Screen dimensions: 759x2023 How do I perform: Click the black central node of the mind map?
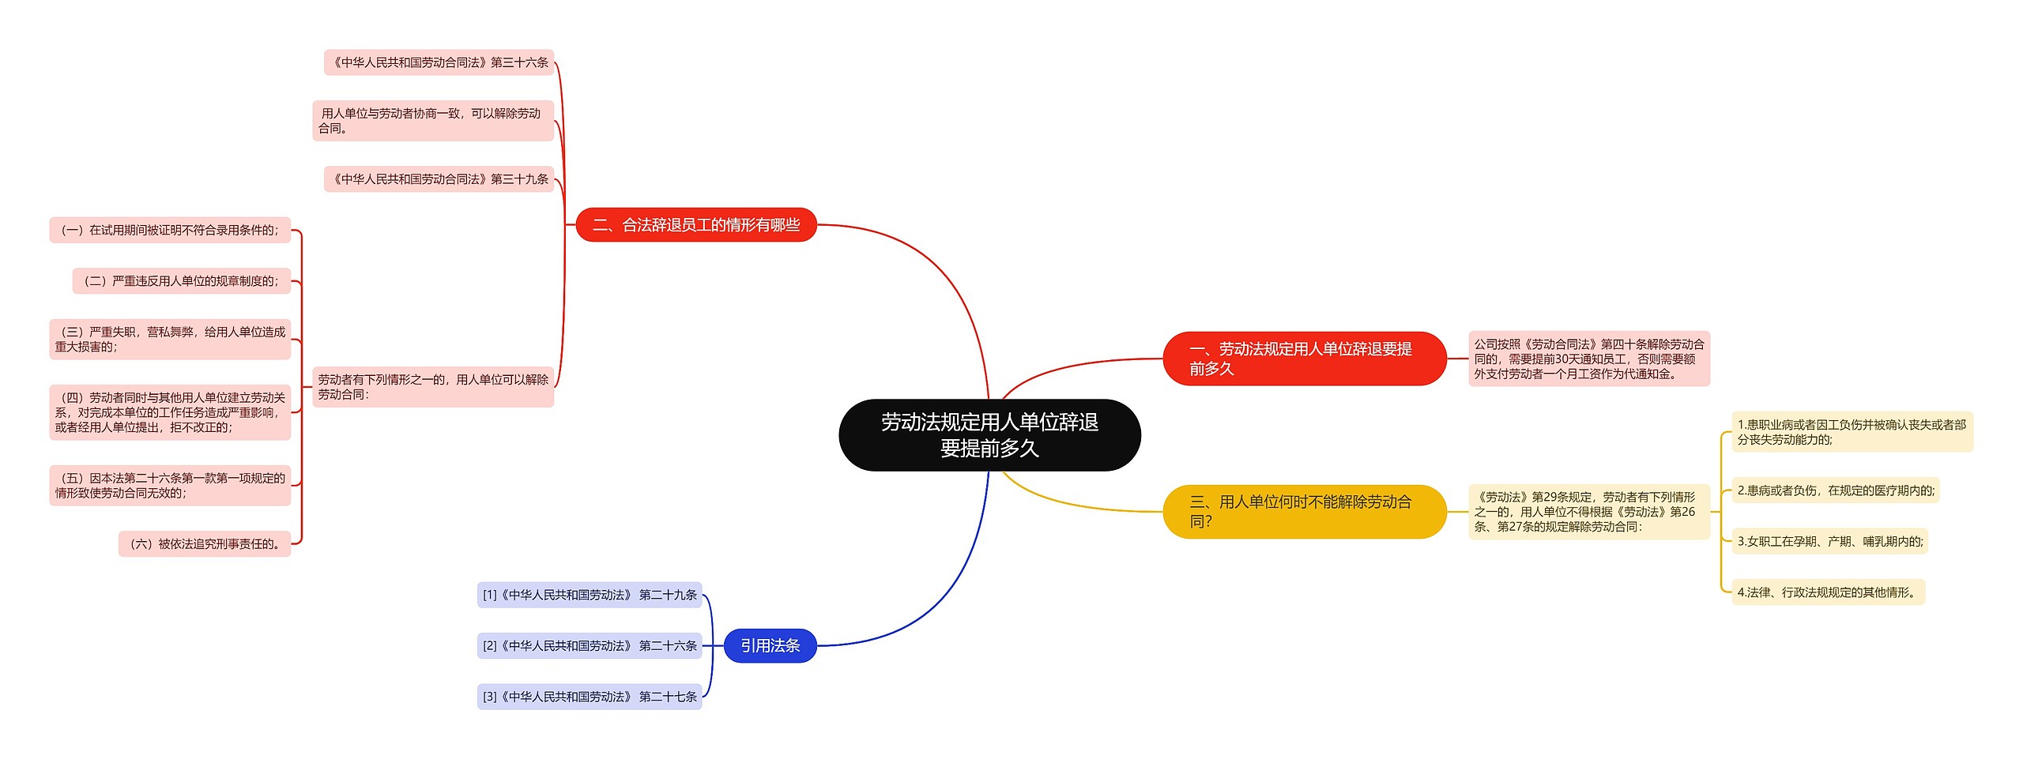coord(989,435)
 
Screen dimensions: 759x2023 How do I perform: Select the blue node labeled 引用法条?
coord(770,645)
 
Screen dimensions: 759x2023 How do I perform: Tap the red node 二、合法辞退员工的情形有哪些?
coord(695,225)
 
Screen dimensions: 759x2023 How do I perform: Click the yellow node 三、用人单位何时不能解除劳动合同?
coord(1304,511)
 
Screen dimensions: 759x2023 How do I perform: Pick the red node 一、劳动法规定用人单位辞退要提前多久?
coord(1304,359)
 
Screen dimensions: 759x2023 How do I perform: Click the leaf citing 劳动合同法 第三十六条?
coord(439,62)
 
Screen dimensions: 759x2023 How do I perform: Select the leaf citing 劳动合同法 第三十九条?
coord(439,179)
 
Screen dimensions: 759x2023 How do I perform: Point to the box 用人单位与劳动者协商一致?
coord(433,121)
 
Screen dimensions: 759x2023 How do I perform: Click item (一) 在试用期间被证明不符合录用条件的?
coord(170,230)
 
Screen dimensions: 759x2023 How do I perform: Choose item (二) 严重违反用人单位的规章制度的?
coord(182,280)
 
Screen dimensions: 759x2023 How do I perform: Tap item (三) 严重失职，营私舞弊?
coord(170,339)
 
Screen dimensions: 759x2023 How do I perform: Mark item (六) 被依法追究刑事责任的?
coord(205,543)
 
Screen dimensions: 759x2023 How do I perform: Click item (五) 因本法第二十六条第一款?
coord(170,485)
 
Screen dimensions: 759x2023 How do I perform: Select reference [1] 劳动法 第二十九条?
coord(590,595)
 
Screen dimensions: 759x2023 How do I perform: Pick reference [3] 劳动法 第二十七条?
coord(590,697)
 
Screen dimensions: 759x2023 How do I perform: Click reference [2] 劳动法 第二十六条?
coord(590,645)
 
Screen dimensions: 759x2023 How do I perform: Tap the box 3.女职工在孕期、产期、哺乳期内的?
coord(1829,541)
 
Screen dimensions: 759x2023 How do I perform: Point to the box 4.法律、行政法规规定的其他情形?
coord(1828,592)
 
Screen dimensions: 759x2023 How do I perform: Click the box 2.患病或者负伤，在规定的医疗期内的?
coord(1835,490)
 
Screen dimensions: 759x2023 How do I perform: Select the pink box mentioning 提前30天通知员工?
coord(1588,359)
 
